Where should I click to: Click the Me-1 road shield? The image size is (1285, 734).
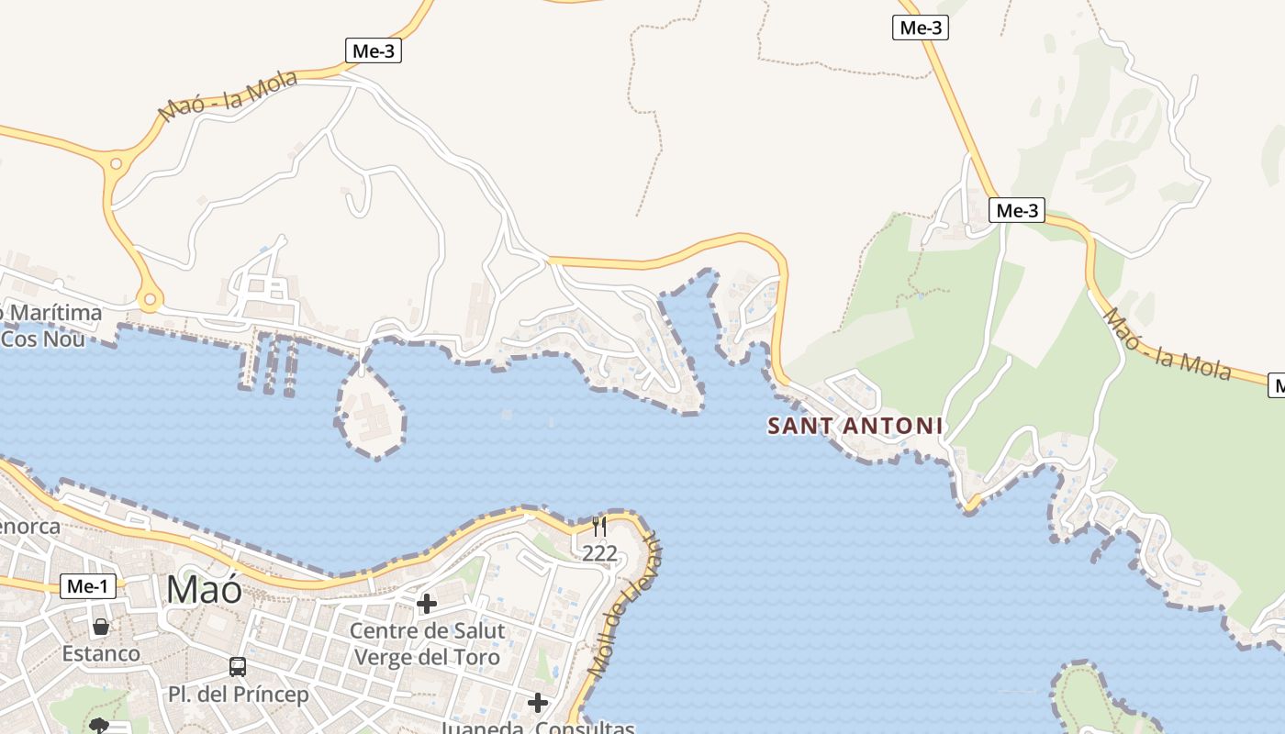tap(88, 586)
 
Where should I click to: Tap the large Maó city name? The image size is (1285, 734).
tap(204, 589)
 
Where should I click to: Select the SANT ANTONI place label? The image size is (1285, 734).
tap(855, 426)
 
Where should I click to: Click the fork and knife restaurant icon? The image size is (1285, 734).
tap(599, 526)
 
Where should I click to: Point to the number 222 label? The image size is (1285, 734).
tap(599, 553)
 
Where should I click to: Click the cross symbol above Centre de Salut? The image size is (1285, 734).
tap(426, 604)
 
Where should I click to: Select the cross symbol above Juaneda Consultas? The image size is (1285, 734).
tap(538, 703)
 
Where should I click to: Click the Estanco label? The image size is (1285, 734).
tap(101, 654)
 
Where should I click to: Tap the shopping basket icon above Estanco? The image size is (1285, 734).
tap(101, 628)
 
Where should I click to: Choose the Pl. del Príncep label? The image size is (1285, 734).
tap(238, 695)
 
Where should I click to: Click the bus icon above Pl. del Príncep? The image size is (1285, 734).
tap(238, 667)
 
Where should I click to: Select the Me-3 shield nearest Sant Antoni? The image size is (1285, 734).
tap(1017, 211)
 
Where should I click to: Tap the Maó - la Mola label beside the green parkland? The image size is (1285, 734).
tap(1167, 344)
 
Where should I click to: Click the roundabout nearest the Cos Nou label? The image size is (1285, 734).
tap(150, 299)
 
